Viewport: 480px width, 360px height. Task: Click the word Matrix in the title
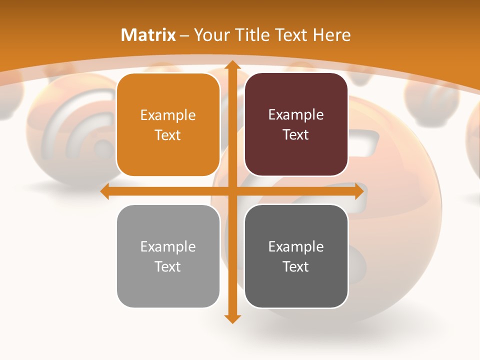(148, 35)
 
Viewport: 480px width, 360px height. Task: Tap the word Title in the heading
(252, 35)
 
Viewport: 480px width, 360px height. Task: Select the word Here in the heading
(331, 35)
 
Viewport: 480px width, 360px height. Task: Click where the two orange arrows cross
(231, 191)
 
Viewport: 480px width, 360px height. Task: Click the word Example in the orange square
(168, 115)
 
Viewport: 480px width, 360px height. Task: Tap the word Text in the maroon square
(296, 135)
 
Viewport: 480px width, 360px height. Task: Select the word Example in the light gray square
(168, 247)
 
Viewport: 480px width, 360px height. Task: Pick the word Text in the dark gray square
(296, 266)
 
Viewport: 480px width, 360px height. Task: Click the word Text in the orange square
(168, 135)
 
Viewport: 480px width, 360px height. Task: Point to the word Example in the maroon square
(296, 115)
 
